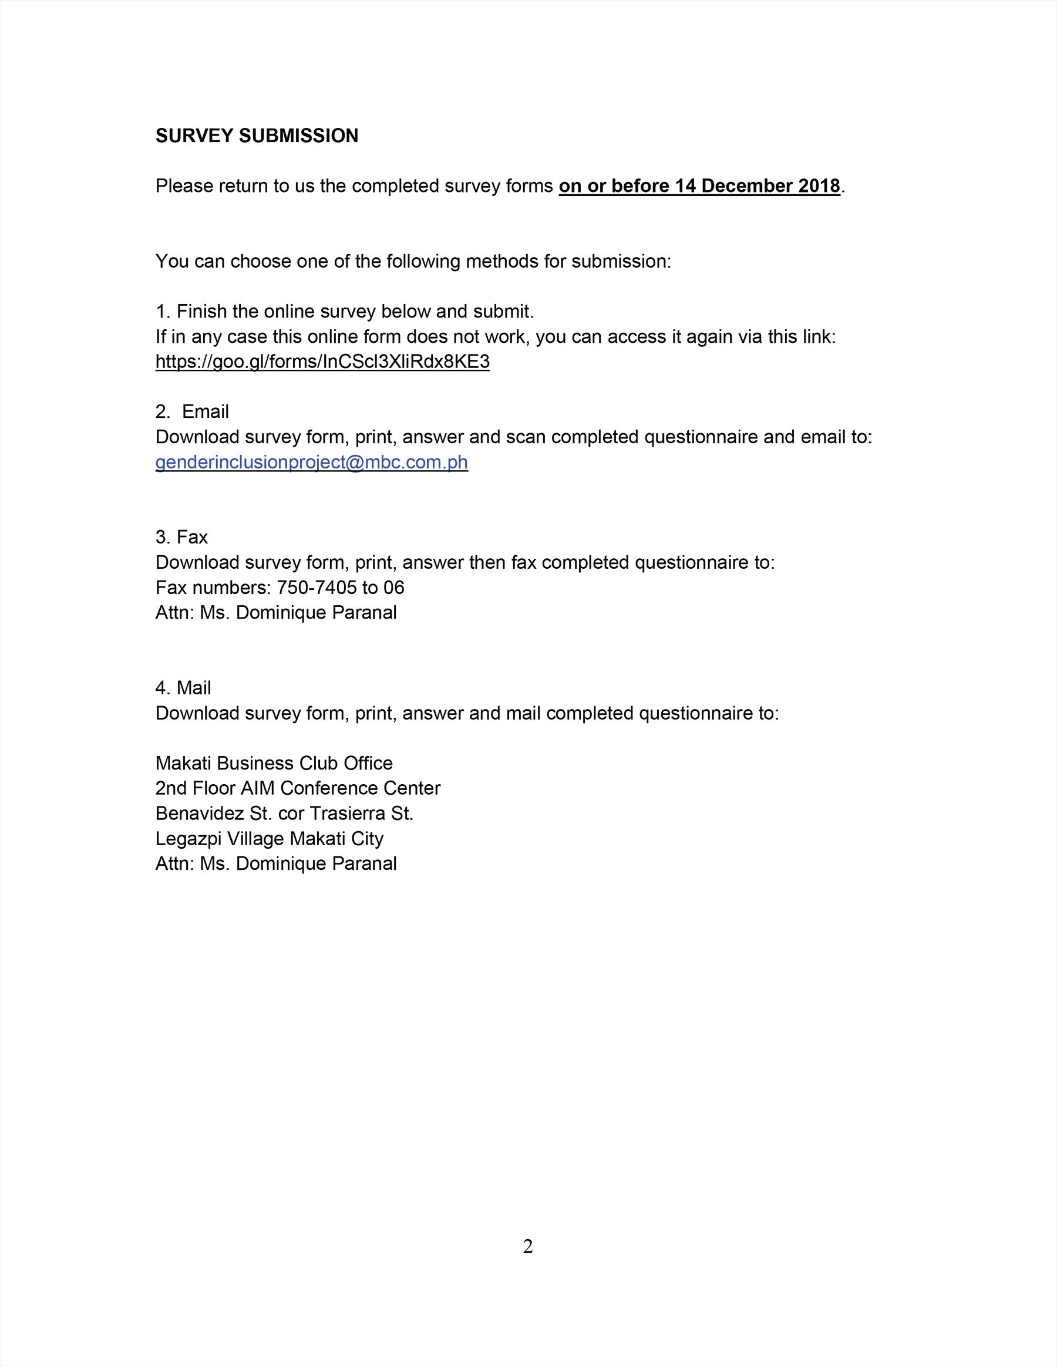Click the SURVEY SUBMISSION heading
click(257, 136)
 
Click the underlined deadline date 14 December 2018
click(757, 186)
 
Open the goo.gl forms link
click(322, 362)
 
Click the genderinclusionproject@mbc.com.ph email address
click(311, 462)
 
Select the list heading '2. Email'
click(192, 411)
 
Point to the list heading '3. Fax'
click(181, 537)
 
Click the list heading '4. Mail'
click(183, 688)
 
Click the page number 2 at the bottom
click(528, 1247)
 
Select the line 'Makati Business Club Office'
click(274, 763)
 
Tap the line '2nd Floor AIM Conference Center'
click(298, 788)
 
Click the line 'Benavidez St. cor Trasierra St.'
click(284, 813)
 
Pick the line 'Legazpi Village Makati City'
click(270, 838)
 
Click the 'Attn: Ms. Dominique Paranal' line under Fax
click(275, 612)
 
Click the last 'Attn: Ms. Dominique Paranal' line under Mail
click(275, 863)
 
